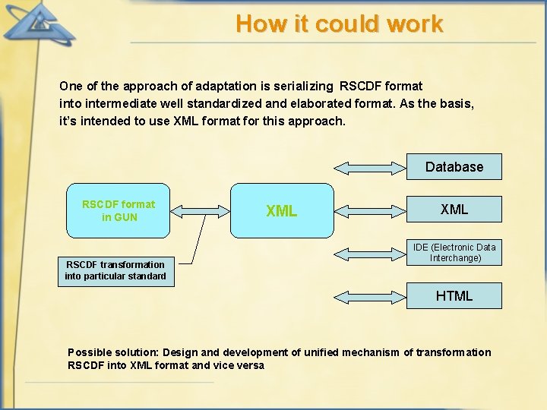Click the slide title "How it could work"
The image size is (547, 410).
(339, 24)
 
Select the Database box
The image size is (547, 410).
(454, 167)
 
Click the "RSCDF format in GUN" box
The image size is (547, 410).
(118, 210)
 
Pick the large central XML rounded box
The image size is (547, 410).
(282, 210)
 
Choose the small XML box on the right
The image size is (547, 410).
(454, 209)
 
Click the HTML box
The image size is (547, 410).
(454, 296)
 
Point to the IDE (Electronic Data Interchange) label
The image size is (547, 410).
(454, 253)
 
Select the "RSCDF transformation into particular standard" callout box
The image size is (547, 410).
(115, 270)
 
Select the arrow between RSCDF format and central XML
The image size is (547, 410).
(199, 210)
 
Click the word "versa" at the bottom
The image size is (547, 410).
(249, 365)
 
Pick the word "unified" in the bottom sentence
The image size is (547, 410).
(322, 352)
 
